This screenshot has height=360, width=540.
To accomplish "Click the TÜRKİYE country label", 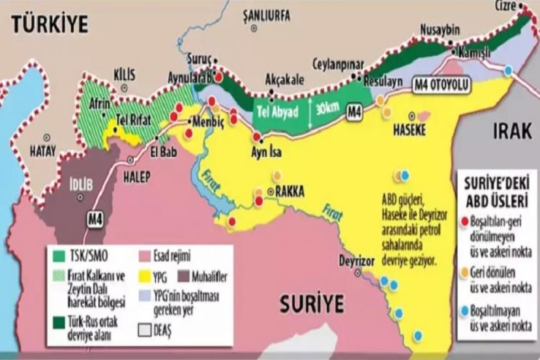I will tap(49, 25).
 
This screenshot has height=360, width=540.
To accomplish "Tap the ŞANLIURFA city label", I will tap(265, 16).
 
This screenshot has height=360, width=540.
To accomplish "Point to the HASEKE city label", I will tap(409, 130).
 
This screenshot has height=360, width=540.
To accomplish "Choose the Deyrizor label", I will tap(357, 259).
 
